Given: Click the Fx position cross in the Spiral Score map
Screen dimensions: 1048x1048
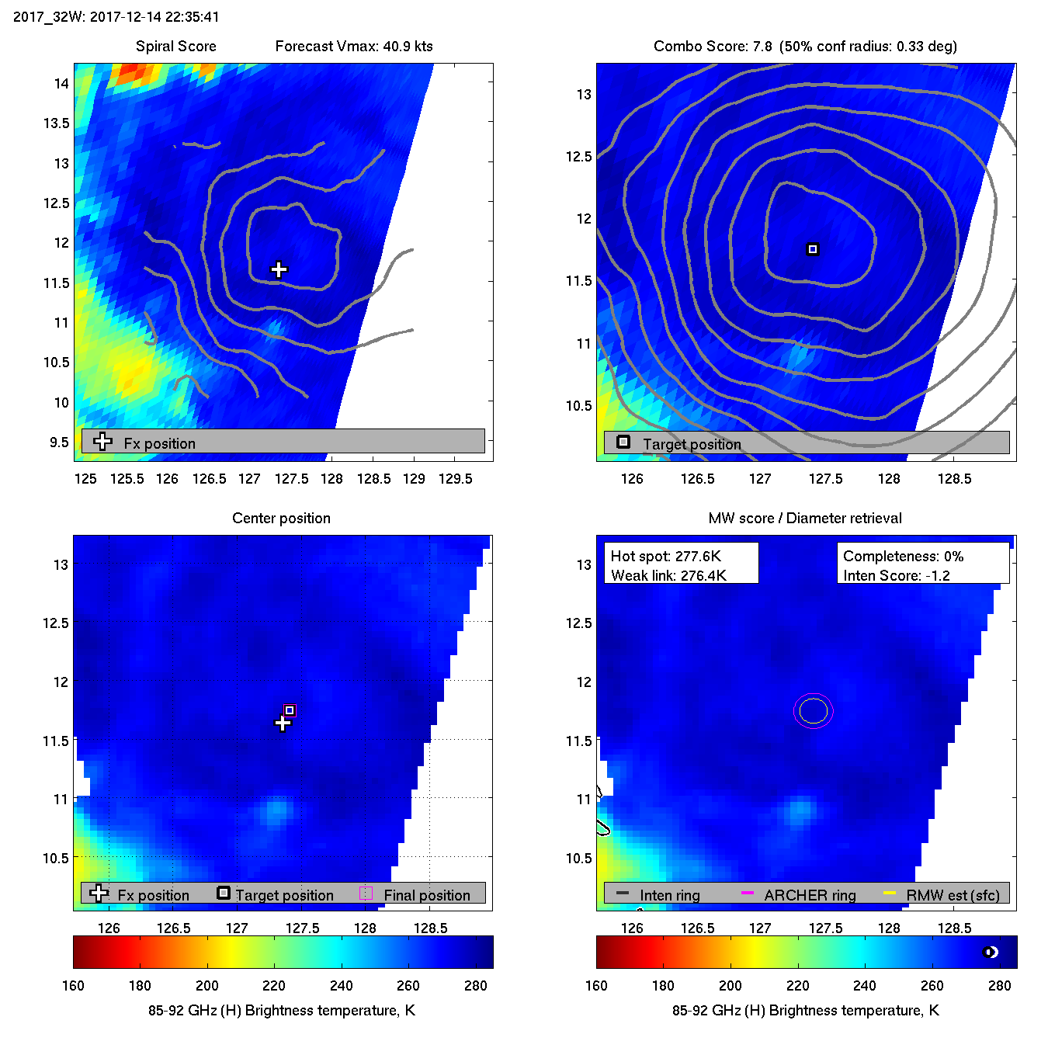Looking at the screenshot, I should coord(279,269).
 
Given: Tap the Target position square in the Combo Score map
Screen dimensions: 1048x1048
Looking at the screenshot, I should coord(813,249).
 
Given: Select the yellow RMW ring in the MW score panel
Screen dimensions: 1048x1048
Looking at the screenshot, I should coord(813,711).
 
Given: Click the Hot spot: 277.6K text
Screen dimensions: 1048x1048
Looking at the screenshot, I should coord(665,556).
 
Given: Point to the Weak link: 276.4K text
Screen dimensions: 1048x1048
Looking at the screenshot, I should coord(668,575).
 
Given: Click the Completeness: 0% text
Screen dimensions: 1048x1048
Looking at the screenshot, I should coord(903,556).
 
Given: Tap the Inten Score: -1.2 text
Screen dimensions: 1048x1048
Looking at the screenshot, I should coord(897,575).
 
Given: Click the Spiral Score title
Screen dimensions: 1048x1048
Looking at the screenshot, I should coord(176,46).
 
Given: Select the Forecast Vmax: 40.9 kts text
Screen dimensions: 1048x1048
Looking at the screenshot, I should coord(354,46).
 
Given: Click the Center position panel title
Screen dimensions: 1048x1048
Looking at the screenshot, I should coord(281,518).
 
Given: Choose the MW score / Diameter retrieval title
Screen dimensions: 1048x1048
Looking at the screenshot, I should coord(805,518).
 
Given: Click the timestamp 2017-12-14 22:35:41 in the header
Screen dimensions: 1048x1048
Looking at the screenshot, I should coord(154,16).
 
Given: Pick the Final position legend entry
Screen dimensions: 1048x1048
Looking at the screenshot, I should coord(426,895).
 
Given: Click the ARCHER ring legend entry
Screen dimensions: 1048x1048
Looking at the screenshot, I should coord(810,895).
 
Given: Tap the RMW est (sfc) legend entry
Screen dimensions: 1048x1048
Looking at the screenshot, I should coord(953,895).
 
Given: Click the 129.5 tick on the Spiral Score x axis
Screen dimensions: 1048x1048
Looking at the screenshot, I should coord(455,479).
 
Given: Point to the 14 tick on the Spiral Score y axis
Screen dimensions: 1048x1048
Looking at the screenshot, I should coord(61,83).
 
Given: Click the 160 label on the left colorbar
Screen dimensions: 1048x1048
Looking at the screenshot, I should coord(73,985).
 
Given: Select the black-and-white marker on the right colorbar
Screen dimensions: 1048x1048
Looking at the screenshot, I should coord(990,953).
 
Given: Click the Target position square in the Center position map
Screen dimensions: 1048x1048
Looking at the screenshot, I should coord(290,710).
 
